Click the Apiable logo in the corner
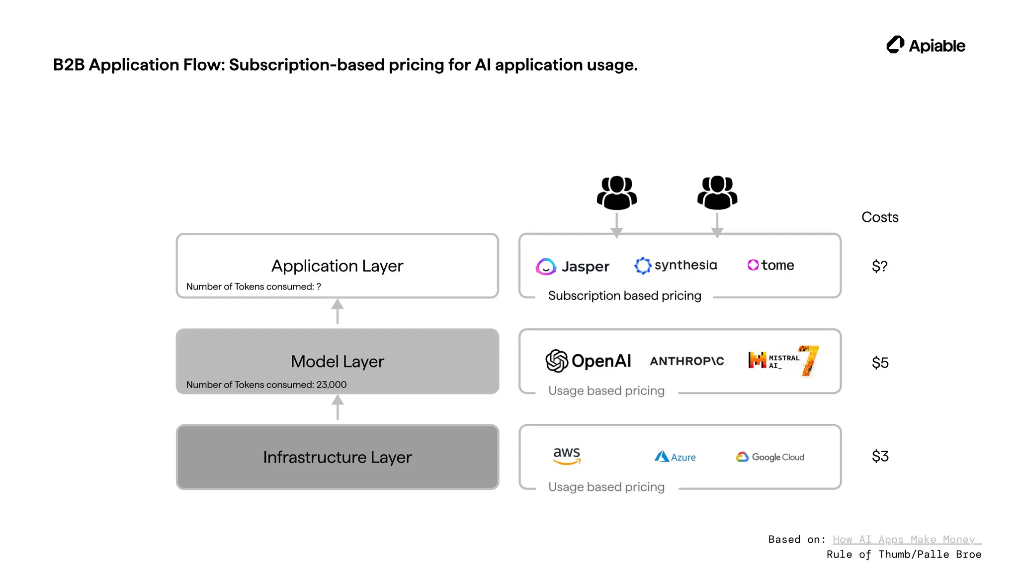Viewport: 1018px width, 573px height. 926,45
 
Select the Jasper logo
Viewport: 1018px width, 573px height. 573,267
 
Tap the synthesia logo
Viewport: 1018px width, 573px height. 676,265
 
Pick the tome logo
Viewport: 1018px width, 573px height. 771,265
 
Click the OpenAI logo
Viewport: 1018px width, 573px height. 589,361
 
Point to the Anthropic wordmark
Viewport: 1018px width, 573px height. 687,361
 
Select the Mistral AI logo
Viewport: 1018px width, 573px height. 783,361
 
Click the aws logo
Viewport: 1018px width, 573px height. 567,455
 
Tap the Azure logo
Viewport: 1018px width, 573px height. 675,457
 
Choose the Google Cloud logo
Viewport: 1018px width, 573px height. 770,457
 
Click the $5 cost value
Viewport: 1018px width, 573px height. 880,363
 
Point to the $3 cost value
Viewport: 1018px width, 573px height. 880,456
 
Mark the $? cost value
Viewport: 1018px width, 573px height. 879,266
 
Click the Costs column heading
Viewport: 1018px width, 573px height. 879,217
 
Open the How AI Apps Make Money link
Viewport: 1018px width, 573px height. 904,539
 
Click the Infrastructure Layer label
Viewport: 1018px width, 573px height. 337,457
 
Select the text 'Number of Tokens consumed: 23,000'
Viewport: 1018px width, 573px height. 266,384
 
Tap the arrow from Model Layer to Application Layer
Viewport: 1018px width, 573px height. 338,312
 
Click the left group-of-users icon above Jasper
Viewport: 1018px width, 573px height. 616,193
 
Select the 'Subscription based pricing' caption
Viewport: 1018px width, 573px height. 624,295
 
